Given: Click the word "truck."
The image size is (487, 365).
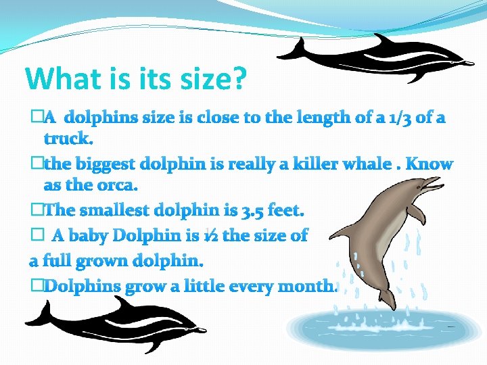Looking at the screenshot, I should coord(68,139).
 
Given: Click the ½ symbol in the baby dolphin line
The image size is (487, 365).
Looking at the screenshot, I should coord(210,236).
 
